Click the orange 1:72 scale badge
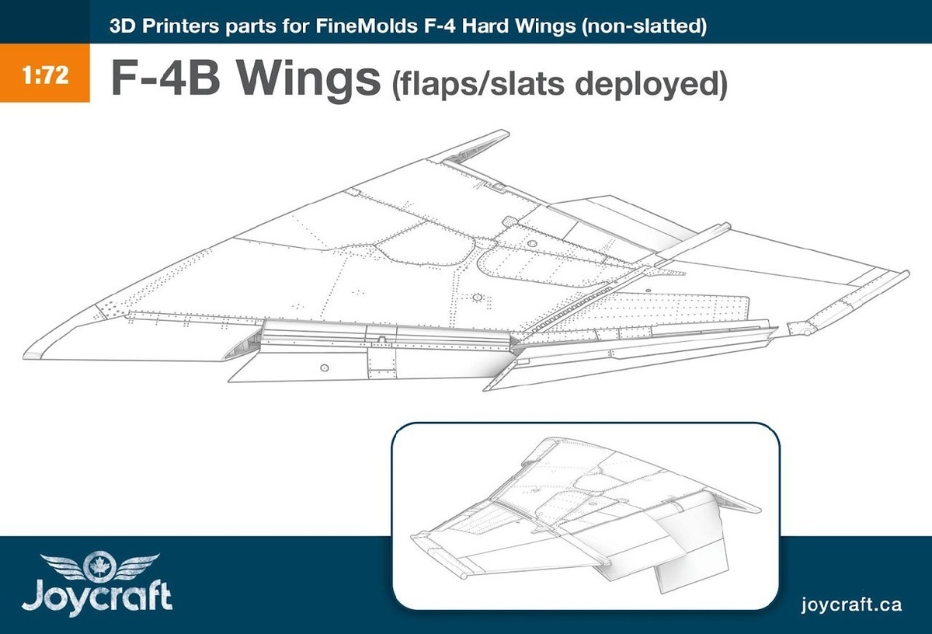tap(44, 79)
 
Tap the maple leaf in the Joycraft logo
tap(99, 563)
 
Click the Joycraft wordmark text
tap(97, 598)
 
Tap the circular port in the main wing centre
tap(477, 298)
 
